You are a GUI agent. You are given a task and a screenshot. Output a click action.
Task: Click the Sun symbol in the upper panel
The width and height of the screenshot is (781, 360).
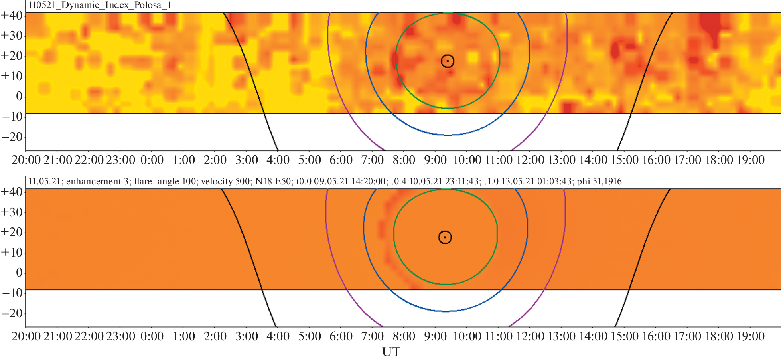tap(448, 61)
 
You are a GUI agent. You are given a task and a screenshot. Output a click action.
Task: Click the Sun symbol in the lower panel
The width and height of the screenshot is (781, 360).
tap(445, 237)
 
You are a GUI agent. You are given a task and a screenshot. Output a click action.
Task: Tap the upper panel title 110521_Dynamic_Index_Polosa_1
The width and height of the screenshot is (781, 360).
tap(100, 5)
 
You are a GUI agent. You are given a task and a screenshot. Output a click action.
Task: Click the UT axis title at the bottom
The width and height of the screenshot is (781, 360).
tap(391, 352)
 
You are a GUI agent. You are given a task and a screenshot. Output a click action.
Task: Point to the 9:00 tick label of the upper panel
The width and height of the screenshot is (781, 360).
tap(435, 160)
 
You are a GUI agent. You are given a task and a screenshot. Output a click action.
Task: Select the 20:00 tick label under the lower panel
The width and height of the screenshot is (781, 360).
tap(26, 336)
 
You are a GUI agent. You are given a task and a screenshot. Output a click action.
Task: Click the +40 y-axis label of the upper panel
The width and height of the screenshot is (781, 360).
tap(12, 16)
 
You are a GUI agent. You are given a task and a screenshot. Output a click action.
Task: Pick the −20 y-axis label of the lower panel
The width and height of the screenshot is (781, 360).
tap(12, 313)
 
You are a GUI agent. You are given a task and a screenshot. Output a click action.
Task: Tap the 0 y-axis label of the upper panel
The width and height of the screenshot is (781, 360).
tap(19, 96)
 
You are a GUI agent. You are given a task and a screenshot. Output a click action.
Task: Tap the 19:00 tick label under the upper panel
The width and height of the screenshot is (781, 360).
tap(750, 160)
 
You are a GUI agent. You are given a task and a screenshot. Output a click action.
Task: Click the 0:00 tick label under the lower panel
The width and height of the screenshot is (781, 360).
tap(152, 336)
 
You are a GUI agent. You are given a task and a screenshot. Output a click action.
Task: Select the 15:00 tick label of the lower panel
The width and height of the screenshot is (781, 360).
tap(624, 336)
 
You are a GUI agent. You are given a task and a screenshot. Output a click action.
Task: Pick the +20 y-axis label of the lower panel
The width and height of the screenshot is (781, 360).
tap(12, 232)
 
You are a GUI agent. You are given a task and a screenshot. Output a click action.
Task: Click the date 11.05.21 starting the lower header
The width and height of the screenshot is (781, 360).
tap(44, 182)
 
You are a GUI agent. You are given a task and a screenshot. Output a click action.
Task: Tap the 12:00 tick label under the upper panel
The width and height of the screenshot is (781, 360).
tap(530, 160)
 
